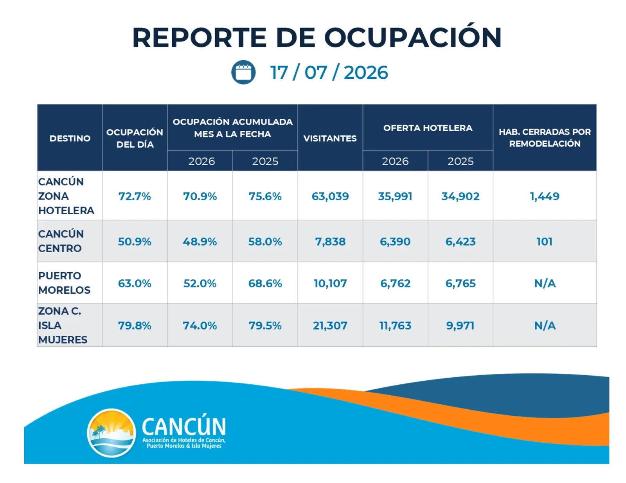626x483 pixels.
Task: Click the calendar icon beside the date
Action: pos(243,72)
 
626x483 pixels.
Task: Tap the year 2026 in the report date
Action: pos(365,72)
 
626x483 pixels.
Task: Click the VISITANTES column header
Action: pos(330,138)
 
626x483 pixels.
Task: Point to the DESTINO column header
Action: pos(70,138)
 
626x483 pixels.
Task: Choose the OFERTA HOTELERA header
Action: pos(428,128)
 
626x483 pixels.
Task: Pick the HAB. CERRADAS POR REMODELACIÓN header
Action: pos(545,137)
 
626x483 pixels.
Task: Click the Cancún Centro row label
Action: pos(61,241)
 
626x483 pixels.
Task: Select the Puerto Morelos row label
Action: pos(64,282)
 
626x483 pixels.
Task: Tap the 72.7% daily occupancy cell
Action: pos(135,196)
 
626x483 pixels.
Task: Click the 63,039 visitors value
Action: pos(330,196)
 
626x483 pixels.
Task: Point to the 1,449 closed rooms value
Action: pos(545,196)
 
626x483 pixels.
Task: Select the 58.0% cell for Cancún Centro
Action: pos(265,241)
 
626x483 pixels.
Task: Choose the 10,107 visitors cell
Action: pos(330,284)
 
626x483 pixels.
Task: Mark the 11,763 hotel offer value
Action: pos(395,326)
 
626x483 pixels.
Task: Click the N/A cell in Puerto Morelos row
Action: pos(545,284)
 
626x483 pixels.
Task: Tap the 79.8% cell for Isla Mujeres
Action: pos(135,326)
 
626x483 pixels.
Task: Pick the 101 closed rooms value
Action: pos(545,241)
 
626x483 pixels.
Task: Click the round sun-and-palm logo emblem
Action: pos(111,433)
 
